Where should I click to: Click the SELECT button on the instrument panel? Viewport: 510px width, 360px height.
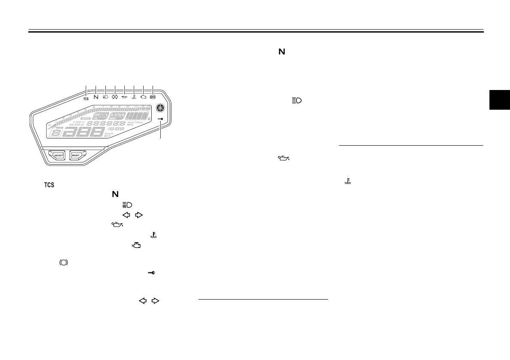tap(57, 155)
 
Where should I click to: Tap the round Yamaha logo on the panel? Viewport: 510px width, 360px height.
tap(160, 108)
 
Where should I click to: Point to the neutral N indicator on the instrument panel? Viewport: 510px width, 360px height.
tap(96, 97)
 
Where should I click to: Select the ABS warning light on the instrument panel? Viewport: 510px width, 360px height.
tap(153, 97)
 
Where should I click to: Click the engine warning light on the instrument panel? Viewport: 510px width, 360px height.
tap(143, 97)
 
